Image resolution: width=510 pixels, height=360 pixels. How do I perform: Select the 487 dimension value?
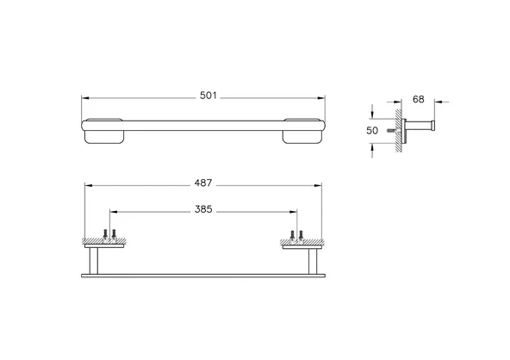(x=203, y=183)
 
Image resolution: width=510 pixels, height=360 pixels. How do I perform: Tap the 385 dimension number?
(x=204, y=208)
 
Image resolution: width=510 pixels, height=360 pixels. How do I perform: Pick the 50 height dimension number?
(x=373, y=130)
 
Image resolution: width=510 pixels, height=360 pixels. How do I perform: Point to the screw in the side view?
(x=392, y=131)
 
